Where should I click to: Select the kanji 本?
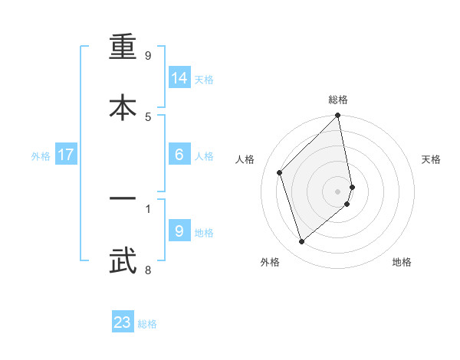[x=123, y=106]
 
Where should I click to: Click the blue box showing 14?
[x=179, y=78]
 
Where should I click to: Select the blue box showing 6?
[x=179, y=155]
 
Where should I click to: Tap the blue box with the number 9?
[x=179, y=231]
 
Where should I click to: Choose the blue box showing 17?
[x=66, y=155]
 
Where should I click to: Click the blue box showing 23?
[x=123, y=322]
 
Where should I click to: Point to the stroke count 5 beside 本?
[x=148, y=116]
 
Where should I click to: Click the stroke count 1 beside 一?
[x=148, y=208]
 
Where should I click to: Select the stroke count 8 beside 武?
[x=148, y=269]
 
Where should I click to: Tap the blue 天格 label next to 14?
[x=204, y=80]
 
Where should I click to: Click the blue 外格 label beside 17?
[x=41, y=156]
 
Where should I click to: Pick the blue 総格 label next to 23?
[x=147, y=324]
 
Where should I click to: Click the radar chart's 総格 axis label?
[x=338, y=100]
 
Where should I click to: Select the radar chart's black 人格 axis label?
[x=245, y=159]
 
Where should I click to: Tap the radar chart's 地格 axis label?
[x=402, y=262]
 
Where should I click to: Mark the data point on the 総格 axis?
[x=338, y=116]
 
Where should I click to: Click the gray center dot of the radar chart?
[x=338, y=190]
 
